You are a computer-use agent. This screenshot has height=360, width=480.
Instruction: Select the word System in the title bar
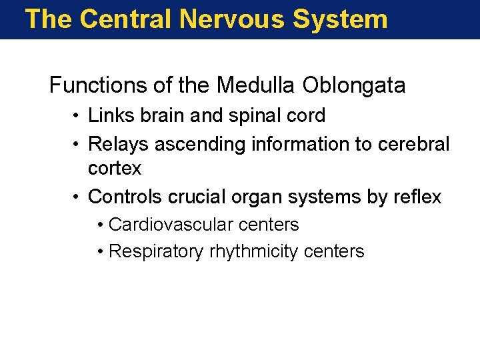point(341,19)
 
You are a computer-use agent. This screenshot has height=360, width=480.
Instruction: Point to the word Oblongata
point(353,85)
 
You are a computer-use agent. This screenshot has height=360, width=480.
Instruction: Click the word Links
point(107,115)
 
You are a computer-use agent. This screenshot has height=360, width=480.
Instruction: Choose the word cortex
point(115,169)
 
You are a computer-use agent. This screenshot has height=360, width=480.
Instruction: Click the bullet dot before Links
point(78,116)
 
